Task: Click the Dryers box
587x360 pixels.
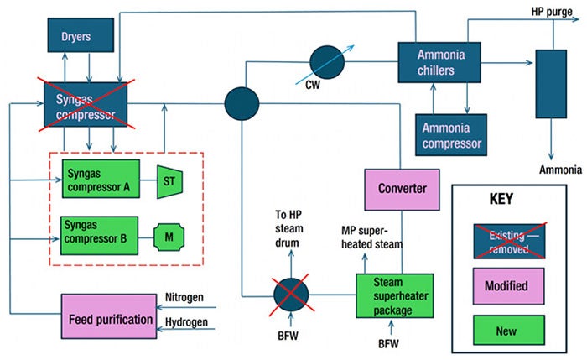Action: [75, 36]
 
